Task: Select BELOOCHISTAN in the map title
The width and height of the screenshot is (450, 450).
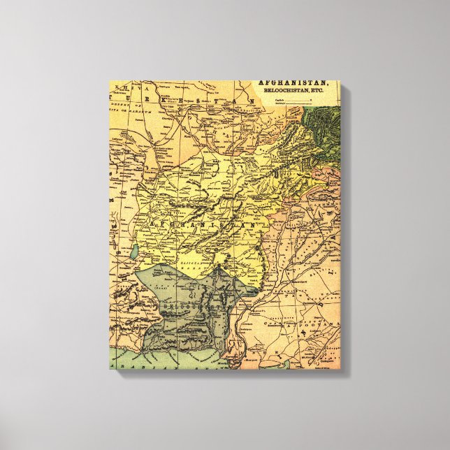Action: [x=280, y=91]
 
